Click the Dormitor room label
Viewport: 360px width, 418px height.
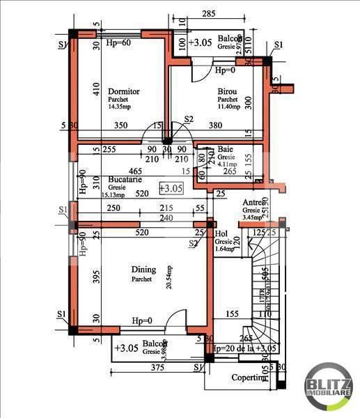124,91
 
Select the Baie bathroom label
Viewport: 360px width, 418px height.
225,149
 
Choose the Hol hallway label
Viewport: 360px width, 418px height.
221,235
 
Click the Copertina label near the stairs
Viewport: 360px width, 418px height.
249,378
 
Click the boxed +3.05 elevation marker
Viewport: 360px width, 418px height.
170,188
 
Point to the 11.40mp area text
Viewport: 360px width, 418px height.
228,107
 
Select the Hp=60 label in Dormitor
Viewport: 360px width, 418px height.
118,42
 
